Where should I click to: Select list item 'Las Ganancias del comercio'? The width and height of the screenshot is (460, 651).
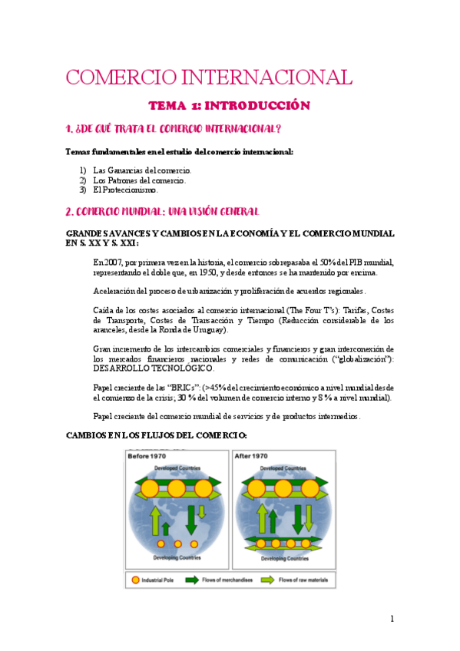(x=142, y=170)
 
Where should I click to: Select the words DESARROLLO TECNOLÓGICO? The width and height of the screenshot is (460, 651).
(x=144, y=368)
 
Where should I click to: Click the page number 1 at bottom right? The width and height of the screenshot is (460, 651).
(x=392, y=618)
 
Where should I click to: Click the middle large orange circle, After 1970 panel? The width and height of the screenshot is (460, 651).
(x=282, y=488)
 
